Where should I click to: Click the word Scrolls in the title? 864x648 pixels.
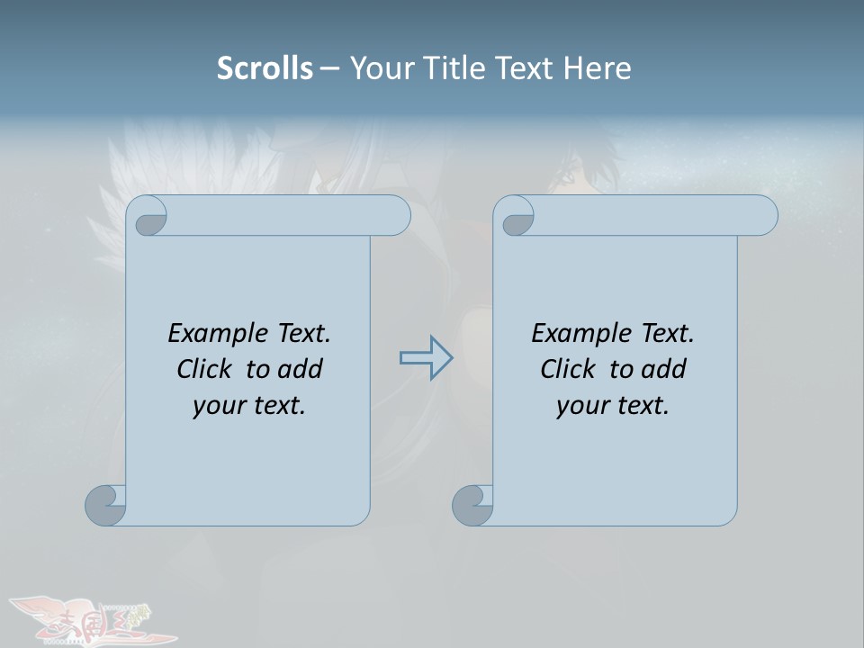[265, 67]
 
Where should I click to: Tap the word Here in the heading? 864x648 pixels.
[597, 67]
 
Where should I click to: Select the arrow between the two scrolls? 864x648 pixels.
[426, 358]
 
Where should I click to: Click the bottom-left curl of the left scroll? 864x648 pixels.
[106, 505]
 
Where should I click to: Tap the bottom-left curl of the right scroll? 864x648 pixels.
[473, 505]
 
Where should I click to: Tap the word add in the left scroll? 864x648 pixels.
[300, 369]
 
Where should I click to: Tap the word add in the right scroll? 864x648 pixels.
[663, 369]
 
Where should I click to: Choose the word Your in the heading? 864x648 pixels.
[381, 67]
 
